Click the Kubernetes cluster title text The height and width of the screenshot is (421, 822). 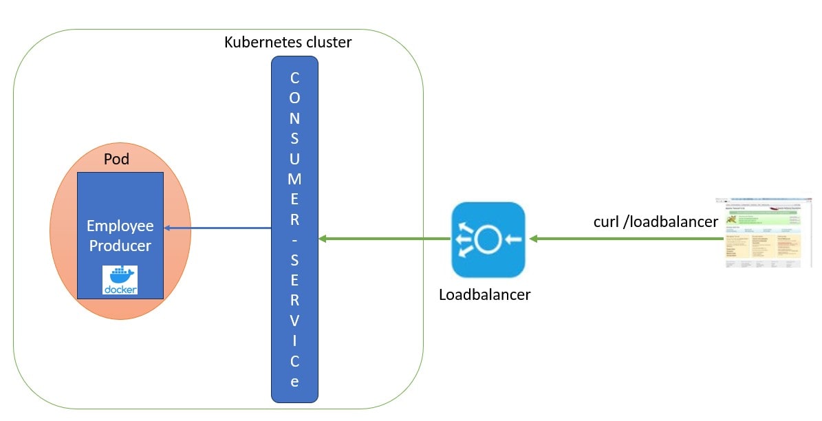[288, 43]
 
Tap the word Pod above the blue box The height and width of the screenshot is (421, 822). [116, 160]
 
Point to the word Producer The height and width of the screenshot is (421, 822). [120, 246]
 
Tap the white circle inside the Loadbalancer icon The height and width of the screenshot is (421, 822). [488, 239]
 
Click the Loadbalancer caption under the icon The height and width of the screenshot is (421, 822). [484, 295]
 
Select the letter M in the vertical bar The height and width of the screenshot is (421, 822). [294, 179]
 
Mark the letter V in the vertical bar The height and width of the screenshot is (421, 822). [294, 321]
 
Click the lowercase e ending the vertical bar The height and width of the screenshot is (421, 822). [294, 382]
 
